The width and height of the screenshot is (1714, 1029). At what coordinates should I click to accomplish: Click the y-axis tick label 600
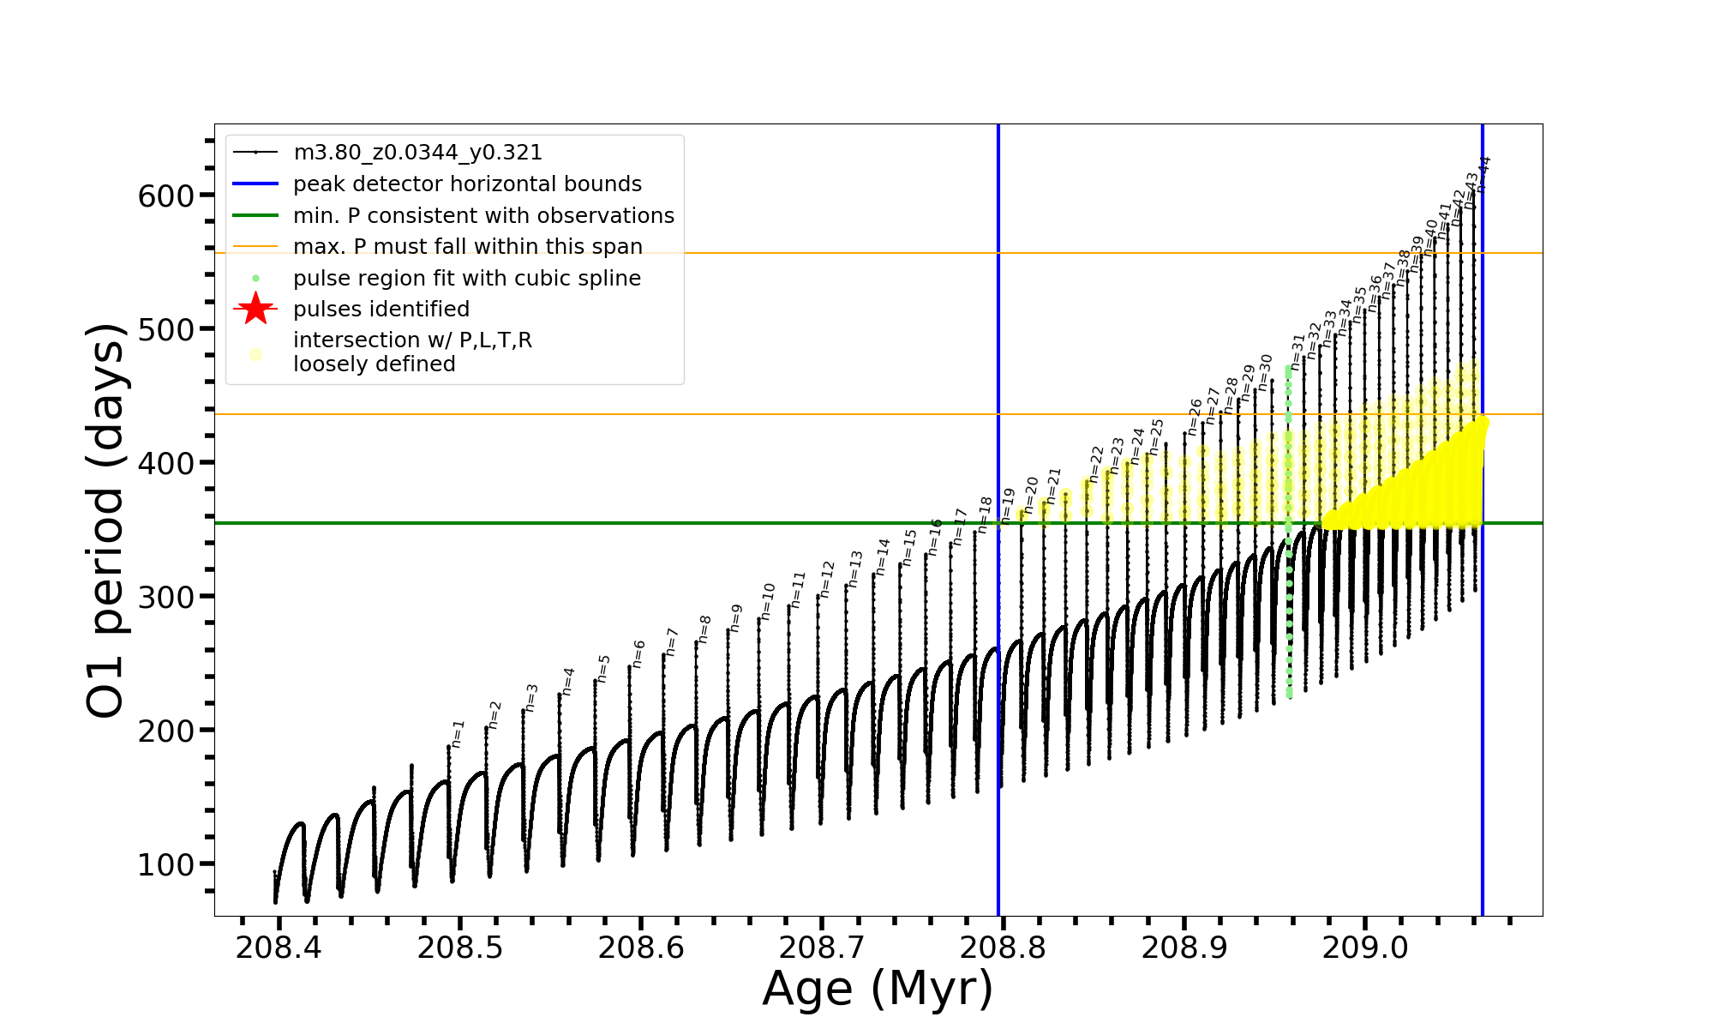(165, 196)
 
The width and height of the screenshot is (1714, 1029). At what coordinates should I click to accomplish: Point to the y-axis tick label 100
(165, 864)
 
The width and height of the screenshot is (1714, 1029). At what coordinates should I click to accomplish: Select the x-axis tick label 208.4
(279, 948)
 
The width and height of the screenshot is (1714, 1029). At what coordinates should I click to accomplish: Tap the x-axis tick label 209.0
(1365, 948)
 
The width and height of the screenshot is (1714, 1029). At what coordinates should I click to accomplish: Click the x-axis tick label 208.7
(822, 948)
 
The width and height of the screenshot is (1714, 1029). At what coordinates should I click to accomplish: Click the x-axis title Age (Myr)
(878, 988)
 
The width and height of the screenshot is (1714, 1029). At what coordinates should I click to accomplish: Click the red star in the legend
(255, 309)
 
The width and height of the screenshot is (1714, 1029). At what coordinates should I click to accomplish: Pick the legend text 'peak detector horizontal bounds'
(467, 184)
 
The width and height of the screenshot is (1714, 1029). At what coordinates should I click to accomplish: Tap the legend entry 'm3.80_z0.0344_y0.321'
(417, 153)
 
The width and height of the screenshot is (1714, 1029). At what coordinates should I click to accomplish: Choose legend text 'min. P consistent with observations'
(483, 215)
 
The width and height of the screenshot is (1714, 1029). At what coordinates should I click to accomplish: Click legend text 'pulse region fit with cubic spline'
(466, 279)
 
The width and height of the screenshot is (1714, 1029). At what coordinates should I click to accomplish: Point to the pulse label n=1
(458, 733)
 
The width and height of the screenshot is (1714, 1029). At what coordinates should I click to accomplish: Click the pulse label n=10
(768, 597)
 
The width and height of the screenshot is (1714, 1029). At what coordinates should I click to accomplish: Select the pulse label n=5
(603, 668)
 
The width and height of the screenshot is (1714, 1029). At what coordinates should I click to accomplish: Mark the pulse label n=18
(985, 512)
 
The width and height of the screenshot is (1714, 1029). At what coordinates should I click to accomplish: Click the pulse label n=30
(1266, 369)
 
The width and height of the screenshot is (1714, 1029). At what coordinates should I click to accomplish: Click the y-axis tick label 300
(165, 597)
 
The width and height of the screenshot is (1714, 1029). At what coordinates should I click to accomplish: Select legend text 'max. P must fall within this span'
(467, 247)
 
